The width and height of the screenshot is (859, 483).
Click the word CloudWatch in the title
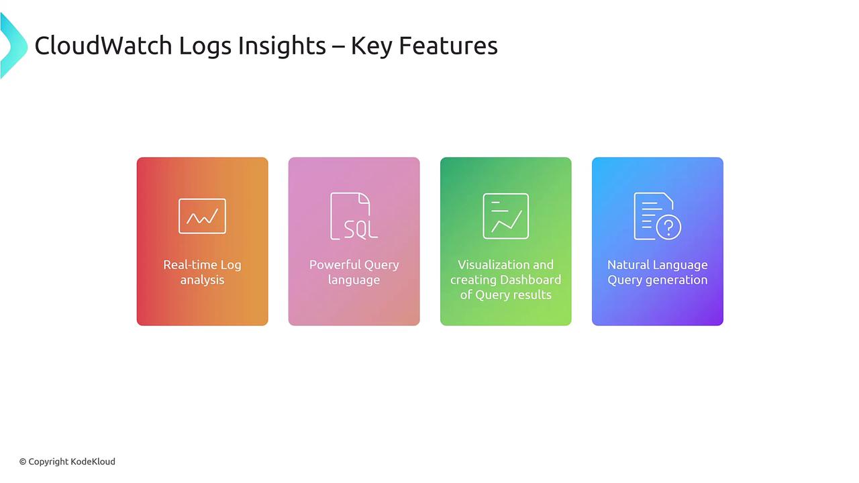[103, 46]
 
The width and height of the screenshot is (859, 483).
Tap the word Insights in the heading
[282, 46]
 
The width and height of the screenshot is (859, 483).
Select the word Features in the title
[448, 46]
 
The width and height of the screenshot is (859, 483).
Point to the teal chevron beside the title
[15, 46]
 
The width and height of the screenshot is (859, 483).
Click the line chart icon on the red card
[202, 216]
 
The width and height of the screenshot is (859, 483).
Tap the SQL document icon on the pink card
[354, 216]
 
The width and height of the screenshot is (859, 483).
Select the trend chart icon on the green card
[505, 216]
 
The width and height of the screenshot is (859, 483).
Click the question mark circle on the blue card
[668, 227]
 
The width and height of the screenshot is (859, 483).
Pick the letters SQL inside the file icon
[360, 229]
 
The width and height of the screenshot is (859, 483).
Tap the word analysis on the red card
[202, 280]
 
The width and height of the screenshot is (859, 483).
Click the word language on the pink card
[354, 280]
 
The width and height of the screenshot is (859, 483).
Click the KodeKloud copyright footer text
[68, 462]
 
